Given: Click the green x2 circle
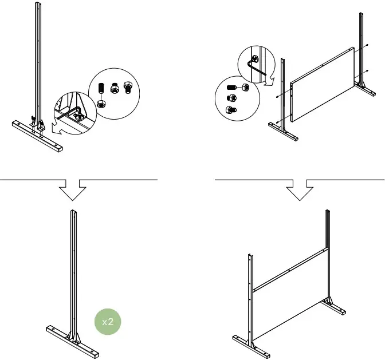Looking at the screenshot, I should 108,322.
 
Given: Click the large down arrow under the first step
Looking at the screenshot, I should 73,189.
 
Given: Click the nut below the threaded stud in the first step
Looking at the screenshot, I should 101,104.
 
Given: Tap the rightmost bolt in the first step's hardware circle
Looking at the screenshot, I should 128,88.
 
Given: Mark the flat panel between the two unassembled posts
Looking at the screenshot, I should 321,86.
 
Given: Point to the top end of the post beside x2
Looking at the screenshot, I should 73,213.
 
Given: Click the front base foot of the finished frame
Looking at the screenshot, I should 250,343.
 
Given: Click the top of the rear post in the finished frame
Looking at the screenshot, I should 328,212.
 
